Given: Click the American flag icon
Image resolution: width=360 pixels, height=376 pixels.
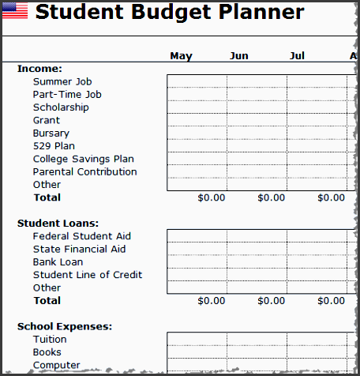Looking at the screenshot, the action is click(14, 12).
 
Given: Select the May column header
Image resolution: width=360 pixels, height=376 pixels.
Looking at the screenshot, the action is click(181, 55).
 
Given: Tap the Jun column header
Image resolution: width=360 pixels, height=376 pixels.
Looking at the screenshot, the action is click(238, 55).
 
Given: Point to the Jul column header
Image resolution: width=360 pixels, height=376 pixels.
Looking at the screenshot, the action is click(297, 55).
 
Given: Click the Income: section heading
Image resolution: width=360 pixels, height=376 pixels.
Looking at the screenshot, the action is click(39, 69).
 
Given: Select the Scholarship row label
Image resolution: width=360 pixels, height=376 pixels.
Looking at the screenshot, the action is click(61, 107).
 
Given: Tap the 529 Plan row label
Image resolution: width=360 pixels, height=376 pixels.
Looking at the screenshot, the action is click(54, 146).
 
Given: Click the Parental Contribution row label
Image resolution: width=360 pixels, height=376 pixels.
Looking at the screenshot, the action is click(84, 171).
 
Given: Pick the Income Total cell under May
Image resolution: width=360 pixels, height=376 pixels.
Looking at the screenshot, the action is click(211, 197).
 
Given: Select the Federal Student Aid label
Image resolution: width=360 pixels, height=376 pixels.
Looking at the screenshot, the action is click(81, 236).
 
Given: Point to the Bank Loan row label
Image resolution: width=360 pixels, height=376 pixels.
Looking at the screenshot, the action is click(58, 262).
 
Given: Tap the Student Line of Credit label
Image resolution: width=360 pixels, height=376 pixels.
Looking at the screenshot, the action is click(87, 275).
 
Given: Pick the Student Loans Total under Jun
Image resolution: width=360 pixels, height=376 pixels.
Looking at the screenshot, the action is click(271, 301).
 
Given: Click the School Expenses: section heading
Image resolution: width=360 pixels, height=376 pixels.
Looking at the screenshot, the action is click(65, 326).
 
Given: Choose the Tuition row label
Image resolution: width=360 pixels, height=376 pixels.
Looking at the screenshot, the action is click(50, 340).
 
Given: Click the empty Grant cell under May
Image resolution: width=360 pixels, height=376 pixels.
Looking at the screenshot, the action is click(197, 120).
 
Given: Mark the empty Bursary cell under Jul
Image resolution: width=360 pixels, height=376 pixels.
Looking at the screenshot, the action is click(317, 133).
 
